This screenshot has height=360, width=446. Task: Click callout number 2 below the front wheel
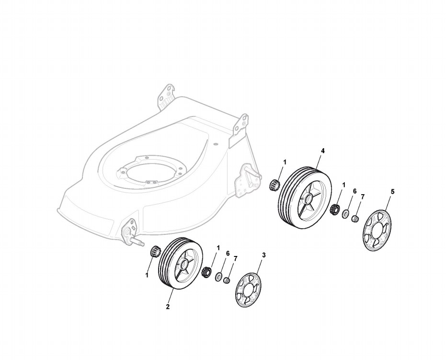click(168, 307)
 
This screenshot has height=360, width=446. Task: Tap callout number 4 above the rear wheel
click(323, 151)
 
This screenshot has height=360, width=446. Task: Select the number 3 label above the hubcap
click(263, 255)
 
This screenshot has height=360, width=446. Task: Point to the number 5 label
click(393, 191)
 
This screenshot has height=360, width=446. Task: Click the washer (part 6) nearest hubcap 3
click(219, 277)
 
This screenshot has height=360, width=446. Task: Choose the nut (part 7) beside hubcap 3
click(228, 280)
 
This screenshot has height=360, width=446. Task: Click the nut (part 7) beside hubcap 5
click(355, 219)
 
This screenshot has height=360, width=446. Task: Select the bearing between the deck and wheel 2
click(154, 250)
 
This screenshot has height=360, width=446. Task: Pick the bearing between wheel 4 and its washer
click(335, 209)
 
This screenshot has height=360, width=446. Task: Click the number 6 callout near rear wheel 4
click(355, 191)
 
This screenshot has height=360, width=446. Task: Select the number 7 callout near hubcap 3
click(235, 259)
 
